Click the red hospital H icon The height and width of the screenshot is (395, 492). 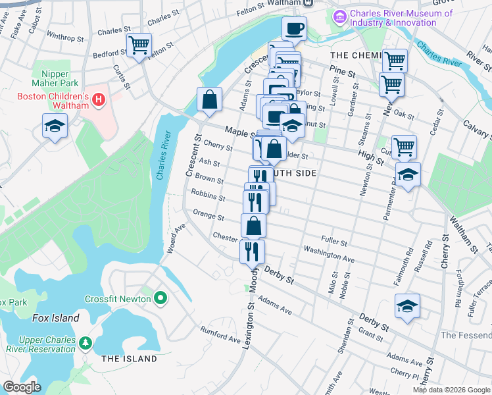99,99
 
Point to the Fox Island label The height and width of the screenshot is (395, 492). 55,318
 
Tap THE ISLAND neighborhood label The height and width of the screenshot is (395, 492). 129,359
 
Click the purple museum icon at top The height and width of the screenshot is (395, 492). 341,16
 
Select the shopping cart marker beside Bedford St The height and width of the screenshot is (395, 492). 139,45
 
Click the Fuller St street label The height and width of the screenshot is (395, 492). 333,242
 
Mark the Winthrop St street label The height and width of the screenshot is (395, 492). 63,38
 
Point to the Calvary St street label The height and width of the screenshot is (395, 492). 477,130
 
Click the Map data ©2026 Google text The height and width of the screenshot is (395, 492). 451,390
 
